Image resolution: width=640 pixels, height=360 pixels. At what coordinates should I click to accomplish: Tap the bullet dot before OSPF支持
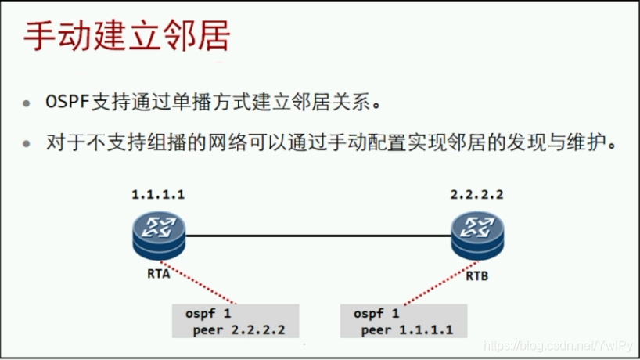tap(28, 104)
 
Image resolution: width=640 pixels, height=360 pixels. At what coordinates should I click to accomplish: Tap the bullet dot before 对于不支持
tap(28, 145)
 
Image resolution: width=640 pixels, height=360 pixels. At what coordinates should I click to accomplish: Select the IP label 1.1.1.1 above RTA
tap(158, 195)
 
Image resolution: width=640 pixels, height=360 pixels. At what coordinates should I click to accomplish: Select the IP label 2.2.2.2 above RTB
tap(476, 195)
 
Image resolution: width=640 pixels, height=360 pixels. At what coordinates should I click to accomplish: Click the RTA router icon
tap(159, 236)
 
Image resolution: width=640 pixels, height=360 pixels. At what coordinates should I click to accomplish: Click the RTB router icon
tap(478, 236)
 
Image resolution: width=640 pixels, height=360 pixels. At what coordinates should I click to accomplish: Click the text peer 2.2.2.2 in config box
tap(238, 329)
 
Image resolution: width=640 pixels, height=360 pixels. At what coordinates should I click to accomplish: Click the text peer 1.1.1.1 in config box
tap(407, 329)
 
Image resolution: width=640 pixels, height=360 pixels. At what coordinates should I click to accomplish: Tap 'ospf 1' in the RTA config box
tap(207, 313)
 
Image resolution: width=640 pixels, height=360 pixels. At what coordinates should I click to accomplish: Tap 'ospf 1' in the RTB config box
tap(375, 313)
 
